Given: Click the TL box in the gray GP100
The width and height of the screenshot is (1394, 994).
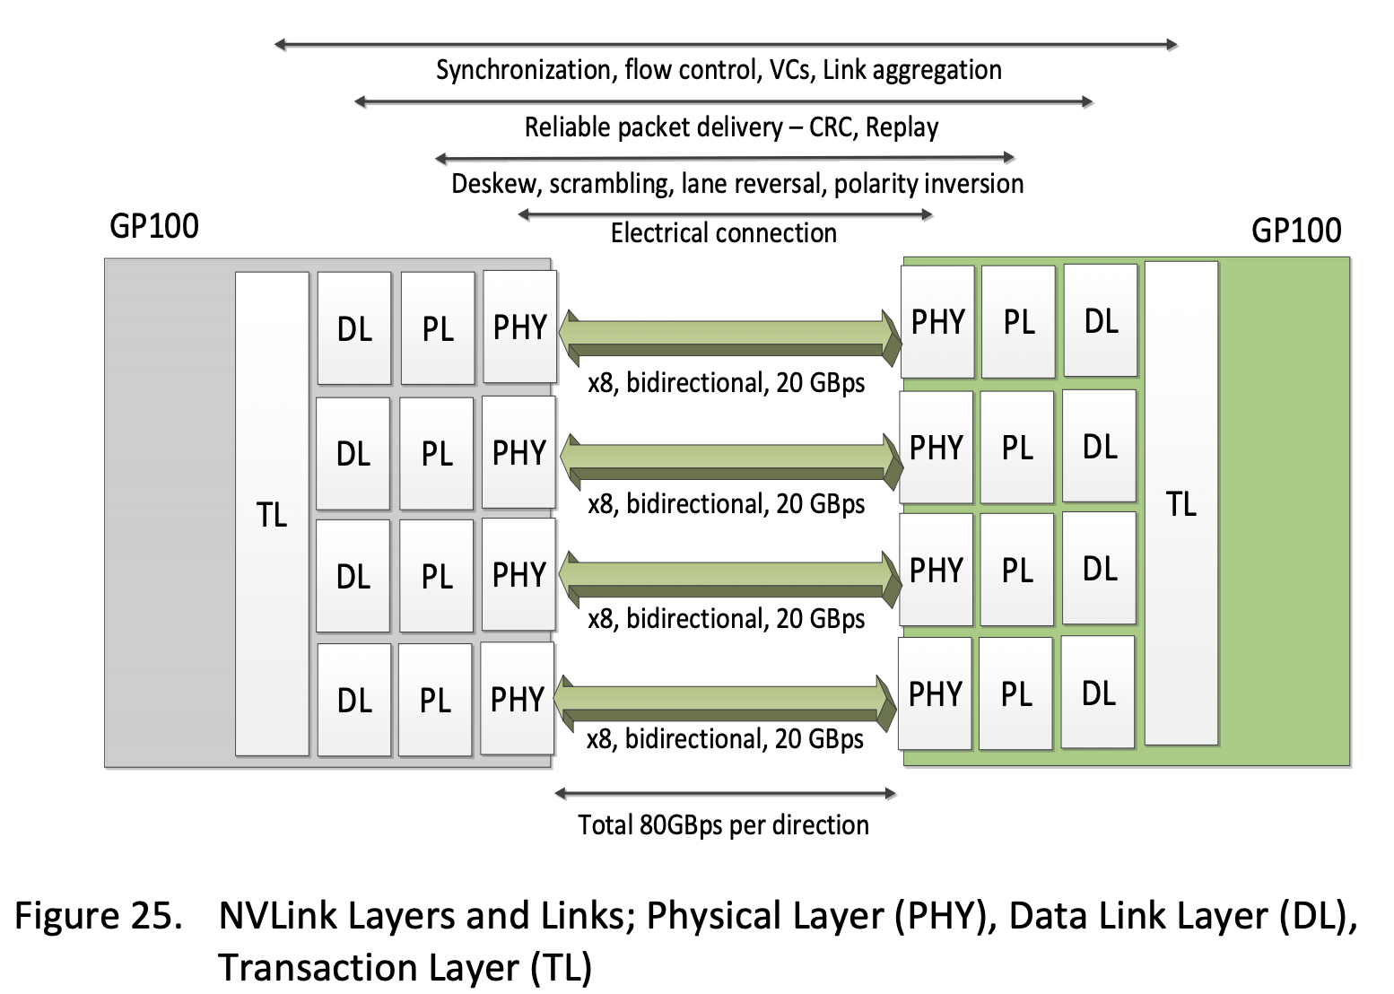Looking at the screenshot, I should (272, 514).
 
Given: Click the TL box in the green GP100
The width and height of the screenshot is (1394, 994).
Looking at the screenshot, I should (1181, 503).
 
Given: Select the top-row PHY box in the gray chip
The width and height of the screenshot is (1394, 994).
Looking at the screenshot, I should (520, 327).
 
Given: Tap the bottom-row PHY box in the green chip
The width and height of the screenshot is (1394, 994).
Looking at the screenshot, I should (935, 693).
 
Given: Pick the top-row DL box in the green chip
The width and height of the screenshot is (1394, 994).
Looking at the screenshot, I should (1101, 321).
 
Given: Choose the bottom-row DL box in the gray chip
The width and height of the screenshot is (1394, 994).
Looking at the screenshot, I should (353, 700).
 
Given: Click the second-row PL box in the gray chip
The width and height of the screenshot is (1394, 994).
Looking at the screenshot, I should (437, 454).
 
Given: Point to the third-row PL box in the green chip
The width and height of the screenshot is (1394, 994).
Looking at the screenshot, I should (1017, 570).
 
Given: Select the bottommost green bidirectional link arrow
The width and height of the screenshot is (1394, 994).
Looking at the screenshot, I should (725, 701).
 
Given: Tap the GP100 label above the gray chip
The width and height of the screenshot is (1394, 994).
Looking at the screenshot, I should (154, 226).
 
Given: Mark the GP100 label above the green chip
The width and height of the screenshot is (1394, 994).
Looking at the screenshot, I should (1295, 231).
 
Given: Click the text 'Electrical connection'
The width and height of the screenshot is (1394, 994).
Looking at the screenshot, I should (723, 233).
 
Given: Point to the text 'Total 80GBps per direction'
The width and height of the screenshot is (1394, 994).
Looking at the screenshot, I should (723, 824).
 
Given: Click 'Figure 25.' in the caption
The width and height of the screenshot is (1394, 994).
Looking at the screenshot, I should (95, 916).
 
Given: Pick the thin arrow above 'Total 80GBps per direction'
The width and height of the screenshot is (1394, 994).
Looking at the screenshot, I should (725, 793).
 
